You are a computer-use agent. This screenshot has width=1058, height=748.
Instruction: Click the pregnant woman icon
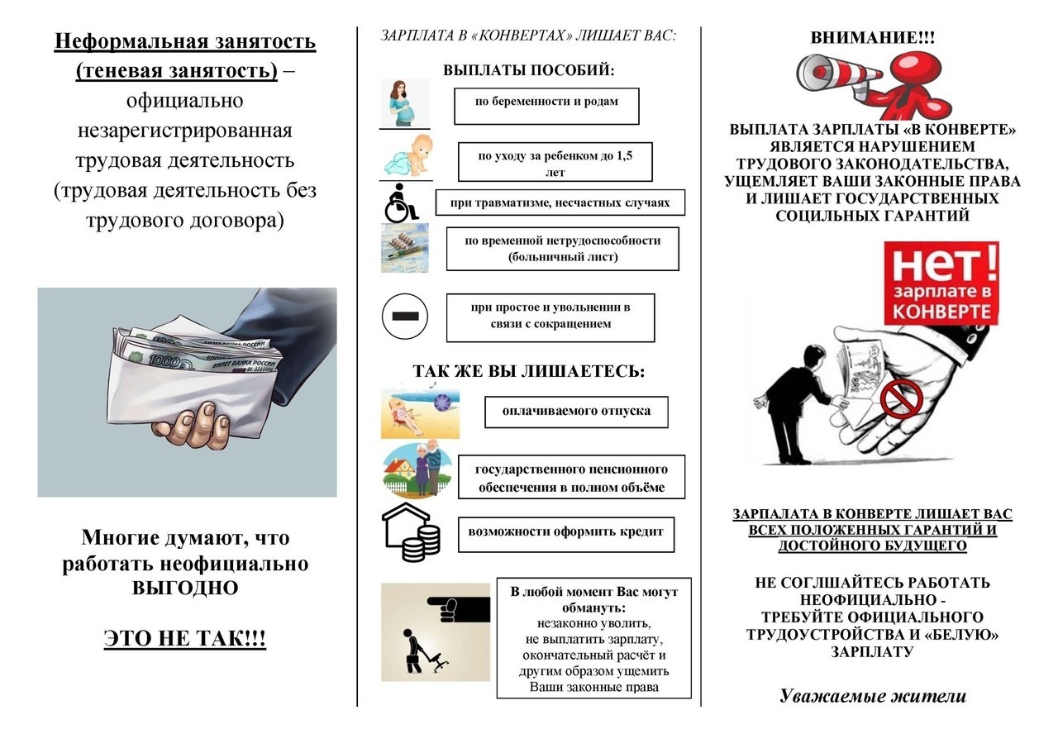tap(404, 103)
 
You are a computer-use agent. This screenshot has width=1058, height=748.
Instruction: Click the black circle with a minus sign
tap(405, 316)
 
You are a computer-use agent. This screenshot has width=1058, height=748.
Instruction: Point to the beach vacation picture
tap(420, 413)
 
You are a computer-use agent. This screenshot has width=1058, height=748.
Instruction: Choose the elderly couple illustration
tap(419, 470)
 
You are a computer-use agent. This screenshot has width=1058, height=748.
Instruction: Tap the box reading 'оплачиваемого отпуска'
tap(575, 412)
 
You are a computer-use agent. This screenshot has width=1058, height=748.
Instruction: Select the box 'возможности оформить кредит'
tap(565, 533)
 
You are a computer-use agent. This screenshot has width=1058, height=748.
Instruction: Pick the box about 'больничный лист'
tap(562, 249)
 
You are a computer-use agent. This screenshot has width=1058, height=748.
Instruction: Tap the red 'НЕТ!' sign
tap(941, 282)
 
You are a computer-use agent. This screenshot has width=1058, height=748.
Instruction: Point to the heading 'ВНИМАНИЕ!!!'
tap(873, 38)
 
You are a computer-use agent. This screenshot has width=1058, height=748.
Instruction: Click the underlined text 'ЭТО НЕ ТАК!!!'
tap(185, 639)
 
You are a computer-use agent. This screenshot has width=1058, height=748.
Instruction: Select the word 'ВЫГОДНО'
tap(185, 589)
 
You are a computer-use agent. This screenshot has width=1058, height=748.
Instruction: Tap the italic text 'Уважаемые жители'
tap(872, 696)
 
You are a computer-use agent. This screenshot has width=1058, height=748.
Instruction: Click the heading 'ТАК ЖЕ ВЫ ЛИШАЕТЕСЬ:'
tap(529, 371)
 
